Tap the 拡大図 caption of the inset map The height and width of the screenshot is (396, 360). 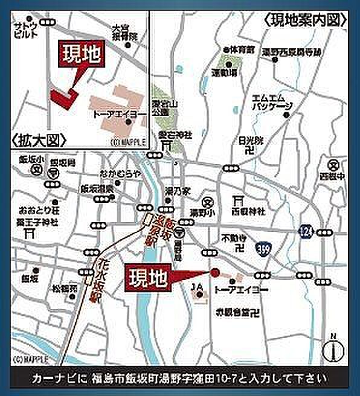point(37,140)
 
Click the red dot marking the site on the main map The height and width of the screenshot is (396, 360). point(214,272)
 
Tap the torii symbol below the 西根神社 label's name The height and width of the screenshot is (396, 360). point(239,202)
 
